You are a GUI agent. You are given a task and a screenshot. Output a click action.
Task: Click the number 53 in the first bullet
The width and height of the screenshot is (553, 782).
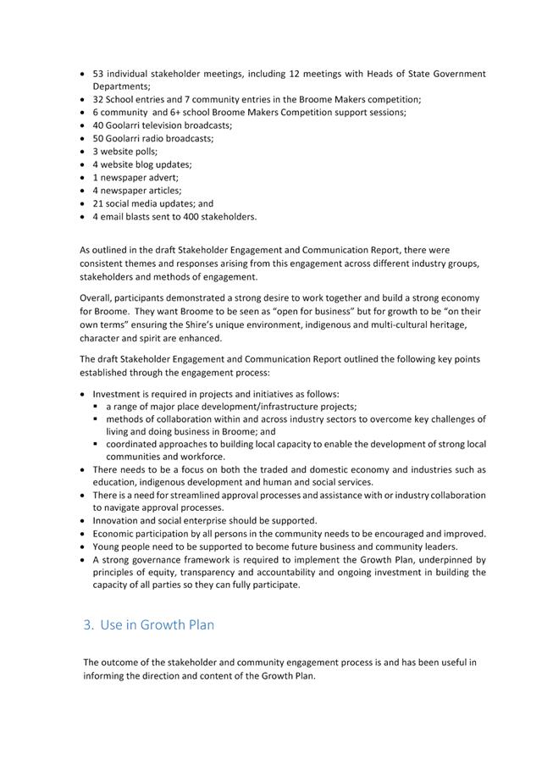pyautogui.click(x=98, y=74)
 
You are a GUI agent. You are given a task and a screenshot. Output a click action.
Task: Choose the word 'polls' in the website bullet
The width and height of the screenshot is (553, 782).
pyautogui.click(x=144, y=152)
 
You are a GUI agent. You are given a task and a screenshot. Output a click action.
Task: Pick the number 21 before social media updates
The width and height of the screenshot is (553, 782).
pyautogui.click(x=98, y=204)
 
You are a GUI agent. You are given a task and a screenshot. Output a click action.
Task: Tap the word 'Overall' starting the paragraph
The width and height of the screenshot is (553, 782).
pyautogui.click(x=96, y=298)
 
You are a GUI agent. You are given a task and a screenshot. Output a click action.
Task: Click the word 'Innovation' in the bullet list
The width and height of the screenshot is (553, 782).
pyautogui.click(x=116, y=521)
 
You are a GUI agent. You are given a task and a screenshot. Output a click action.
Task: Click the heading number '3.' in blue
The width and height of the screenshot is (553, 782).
pyautogui.click(x=89, y=625)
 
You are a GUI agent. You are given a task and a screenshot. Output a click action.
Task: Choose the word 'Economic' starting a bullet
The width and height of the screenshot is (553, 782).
pyautogui.click(x=114, y=534)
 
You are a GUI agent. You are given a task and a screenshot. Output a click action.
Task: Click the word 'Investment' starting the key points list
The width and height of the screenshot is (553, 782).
pyautogui.click(x=118, y=394)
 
